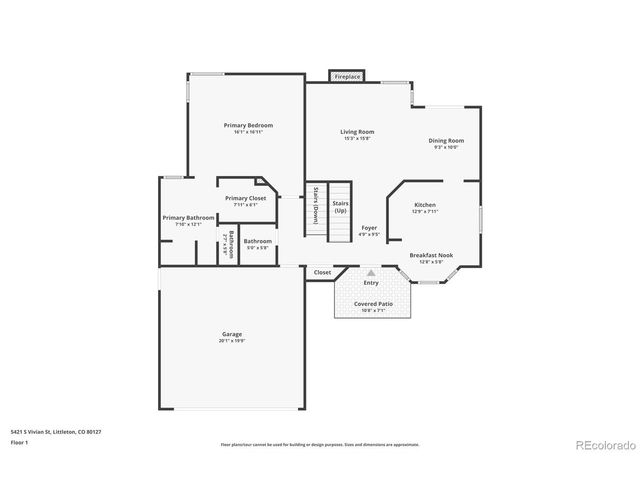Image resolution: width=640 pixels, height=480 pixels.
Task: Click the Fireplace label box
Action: coord(347,76)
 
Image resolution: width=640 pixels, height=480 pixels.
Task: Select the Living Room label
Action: coord(356,132)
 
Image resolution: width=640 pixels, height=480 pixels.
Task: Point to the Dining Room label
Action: coord(446,141)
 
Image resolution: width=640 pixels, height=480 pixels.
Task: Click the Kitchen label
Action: coord(425,205)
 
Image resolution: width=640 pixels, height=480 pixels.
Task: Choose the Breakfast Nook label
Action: coord(431,255)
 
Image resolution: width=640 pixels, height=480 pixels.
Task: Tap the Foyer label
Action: coord(369,228)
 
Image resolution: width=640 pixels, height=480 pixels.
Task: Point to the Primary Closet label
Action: coord(245,198)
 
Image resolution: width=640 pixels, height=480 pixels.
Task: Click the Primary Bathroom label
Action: coord(188,217)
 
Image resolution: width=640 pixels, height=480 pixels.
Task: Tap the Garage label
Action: coord(232,334)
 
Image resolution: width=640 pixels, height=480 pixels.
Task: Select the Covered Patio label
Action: coord(372,303)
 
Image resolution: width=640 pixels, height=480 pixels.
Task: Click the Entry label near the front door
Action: coord(371,283)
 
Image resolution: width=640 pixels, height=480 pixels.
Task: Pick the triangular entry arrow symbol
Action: coord(371,271)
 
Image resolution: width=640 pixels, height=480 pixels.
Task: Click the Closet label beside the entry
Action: coord(322,272)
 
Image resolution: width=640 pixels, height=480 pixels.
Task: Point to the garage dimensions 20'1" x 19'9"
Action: coord(232,341)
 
